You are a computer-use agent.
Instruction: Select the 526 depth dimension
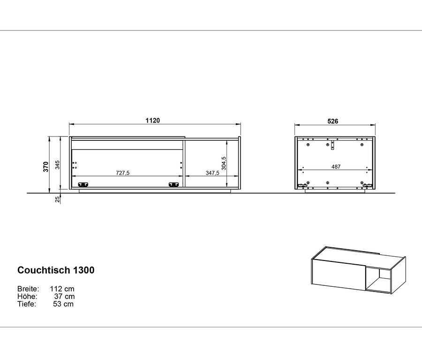point(332,121)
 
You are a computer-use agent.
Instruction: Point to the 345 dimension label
point(57,165)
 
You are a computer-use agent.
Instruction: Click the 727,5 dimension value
point(123,173)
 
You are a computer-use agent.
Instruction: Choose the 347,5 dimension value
point(212,173)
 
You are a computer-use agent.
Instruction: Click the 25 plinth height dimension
point(57,199)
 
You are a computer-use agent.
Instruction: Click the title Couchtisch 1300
point(56,270)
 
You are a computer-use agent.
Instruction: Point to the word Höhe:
point(27,296)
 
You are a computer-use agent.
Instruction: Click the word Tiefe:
point(27,304)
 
